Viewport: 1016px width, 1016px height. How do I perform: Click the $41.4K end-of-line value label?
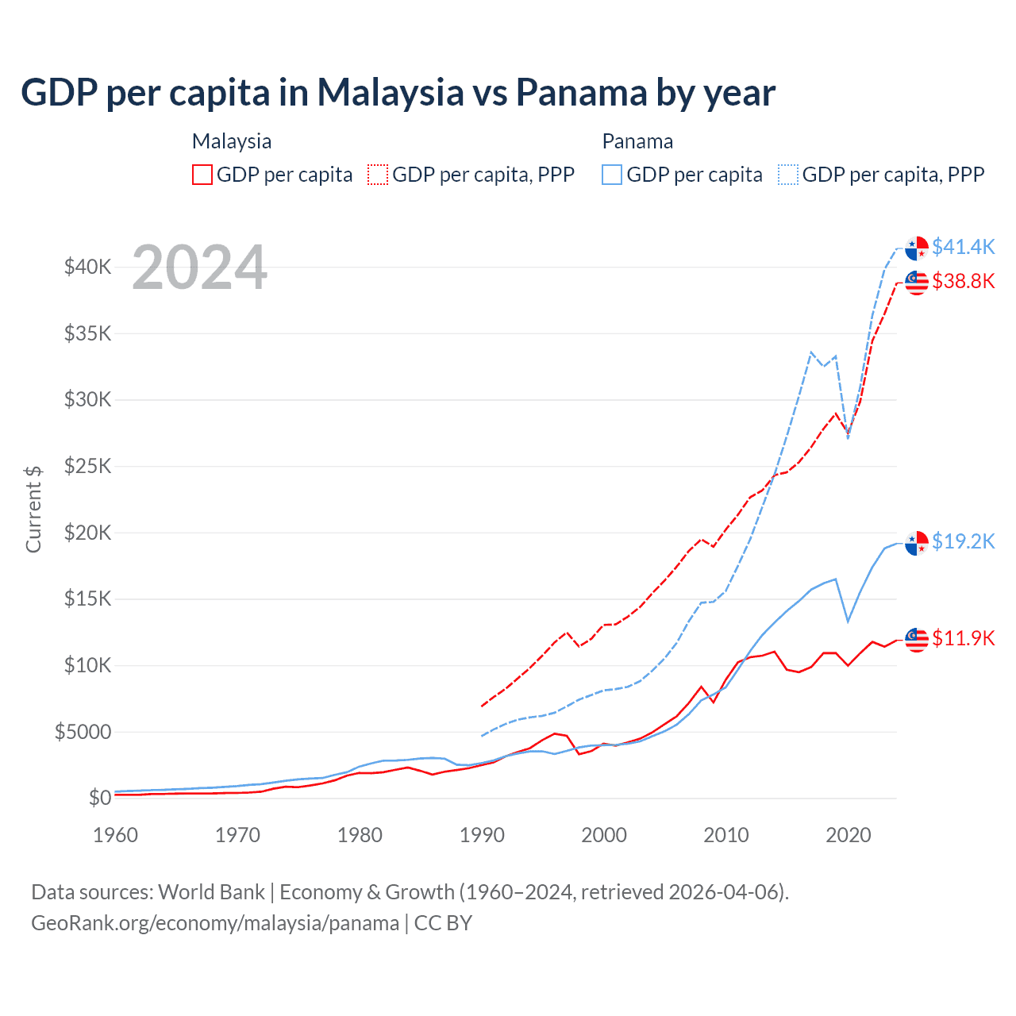point(963,247)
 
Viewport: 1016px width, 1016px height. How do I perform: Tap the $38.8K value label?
point(963,281)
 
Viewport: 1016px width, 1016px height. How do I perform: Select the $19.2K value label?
point(963,541)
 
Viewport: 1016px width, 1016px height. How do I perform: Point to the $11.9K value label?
point(963,638)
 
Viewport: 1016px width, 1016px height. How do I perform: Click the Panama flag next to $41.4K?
point(917,248)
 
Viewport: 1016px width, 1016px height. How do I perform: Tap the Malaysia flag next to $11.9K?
point(917,639)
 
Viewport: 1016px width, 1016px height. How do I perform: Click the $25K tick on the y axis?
point(88,466)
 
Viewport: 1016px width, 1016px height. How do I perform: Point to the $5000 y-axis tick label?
point(83,732)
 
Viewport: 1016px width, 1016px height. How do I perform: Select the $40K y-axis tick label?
point(88,267)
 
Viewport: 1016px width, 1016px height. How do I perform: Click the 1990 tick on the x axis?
point(482,835)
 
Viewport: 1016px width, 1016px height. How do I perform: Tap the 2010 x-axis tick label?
point(726,835)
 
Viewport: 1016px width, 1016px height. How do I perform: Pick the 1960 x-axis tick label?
point(115,835)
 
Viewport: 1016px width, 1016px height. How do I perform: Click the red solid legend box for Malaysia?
point(202,175)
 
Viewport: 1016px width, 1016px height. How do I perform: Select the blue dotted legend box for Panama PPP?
point(788,175)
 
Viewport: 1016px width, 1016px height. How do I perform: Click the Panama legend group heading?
point(637,141)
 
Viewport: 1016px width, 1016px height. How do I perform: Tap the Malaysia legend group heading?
point(232,141)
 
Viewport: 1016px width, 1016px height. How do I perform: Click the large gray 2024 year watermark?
point(199,267)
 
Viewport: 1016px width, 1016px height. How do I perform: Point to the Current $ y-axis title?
point(33,510)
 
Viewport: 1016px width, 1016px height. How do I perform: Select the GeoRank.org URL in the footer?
point(215,923)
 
